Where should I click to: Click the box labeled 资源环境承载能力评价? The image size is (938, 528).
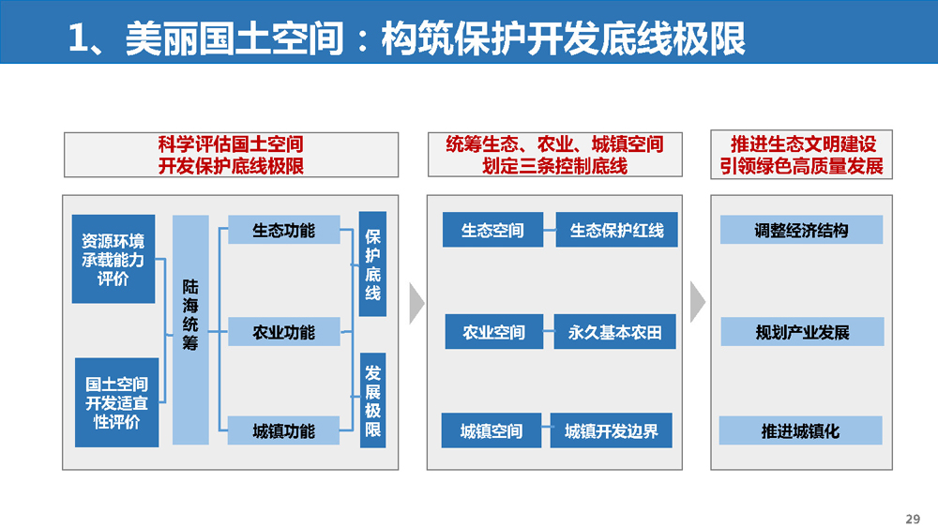[113, 259]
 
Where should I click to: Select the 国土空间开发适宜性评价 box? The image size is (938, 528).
[116, 402]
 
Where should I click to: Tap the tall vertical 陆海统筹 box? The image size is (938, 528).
[190, 329]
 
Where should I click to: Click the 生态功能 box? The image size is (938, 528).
[283, 230]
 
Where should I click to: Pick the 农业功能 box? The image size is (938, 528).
[283, 332]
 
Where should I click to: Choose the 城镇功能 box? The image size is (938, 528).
[283, 430]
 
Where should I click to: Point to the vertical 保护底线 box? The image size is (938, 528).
[372, 264]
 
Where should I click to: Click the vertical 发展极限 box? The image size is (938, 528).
[372, 400]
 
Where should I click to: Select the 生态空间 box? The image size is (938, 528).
[493, 230]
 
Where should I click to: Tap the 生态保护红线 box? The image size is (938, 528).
[617, 230]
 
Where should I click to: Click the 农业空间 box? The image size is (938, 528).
[494, 331]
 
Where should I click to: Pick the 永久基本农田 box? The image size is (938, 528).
[615, 331]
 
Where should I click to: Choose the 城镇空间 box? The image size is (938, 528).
[492, 430]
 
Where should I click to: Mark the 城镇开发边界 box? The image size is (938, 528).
[612, 430]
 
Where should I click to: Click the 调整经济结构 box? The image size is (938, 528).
[802, 230]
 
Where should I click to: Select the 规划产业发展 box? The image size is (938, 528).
[802, 331]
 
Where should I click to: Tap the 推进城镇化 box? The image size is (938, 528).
[800, 430]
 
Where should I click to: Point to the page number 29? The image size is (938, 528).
[913, 519]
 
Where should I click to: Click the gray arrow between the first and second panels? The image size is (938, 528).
[417, 303]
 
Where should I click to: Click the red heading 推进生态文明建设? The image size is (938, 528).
[803, 144]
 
